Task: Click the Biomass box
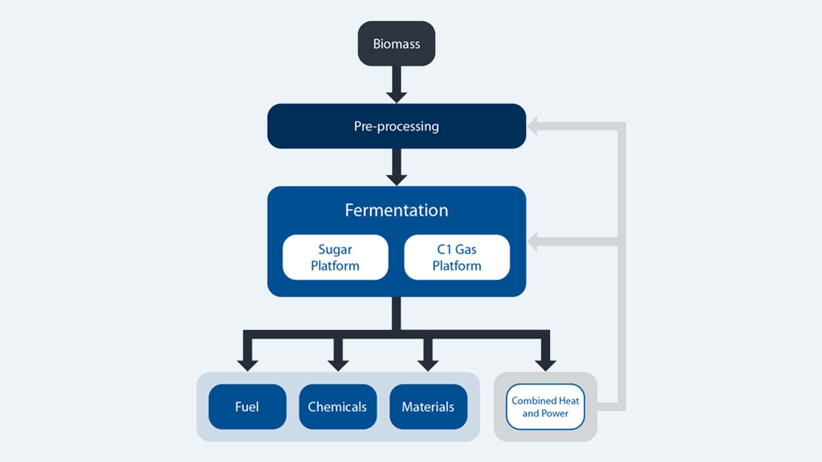pyautogui.click(x=396, y=44)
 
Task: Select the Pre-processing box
pyautogui.click(x=396, y=126)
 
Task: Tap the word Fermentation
pyautogui.click(x=396, y=210)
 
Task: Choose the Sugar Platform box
pyautogui.click(x=335, y=257)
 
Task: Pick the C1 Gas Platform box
pyautogui.click(x=457, y=257)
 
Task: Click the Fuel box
pyautogui.click(x=247, y=406)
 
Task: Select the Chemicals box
pyautogui.click(x=337, y=406)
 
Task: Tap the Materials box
pyautogui.click(x=428, y=406)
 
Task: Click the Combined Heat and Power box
pyautogui.click(x=545, y=406)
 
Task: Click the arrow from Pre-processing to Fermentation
pyautogui.click(x=396, y=167)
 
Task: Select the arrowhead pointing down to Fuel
pyautogui.click(x=247, y=365)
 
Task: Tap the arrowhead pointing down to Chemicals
pyautogui.click(x=338, y=365)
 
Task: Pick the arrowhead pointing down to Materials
pyautogui.click(x=428, y=365)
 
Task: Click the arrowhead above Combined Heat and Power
pyautogui.click(x=545, y=365)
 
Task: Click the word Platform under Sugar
pyautogui.click(x=335, y=266)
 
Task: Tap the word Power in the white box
pyautogui.click(x=555, y=413)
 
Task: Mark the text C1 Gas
pyautogui.click(x=457, y=249)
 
